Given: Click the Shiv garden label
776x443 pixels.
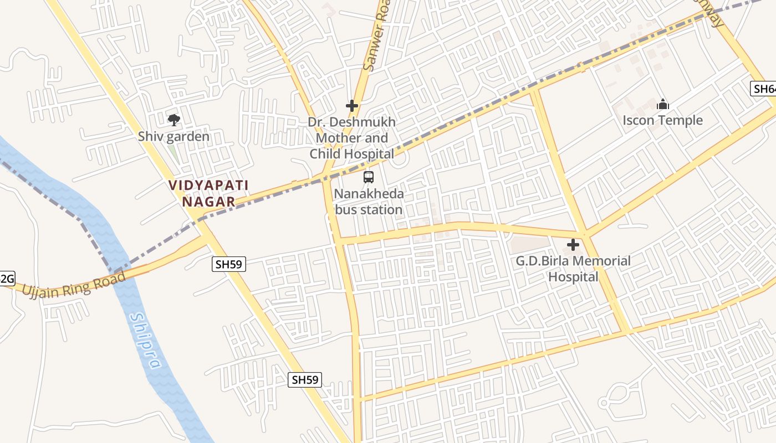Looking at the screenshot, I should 173,136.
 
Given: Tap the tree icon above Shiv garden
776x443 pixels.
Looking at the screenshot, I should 173,120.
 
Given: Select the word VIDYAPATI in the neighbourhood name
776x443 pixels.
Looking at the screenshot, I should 208,186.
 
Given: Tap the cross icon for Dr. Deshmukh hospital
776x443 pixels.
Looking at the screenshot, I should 351,106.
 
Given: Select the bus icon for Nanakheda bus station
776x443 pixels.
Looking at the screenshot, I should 368,177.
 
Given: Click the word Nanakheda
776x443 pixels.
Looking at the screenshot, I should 369,194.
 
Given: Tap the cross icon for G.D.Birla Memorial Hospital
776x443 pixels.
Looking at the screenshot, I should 573,244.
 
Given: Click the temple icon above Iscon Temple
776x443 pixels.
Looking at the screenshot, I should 662,104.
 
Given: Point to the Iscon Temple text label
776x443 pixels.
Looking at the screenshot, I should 662,120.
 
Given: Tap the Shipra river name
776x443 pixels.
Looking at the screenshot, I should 146,341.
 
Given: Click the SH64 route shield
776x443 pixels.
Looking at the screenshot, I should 764,89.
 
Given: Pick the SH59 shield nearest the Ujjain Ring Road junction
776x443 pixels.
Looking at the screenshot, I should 229,265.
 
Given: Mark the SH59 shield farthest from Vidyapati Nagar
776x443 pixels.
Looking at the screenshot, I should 305,379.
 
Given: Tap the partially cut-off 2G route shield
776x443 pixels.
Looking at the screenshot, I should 7,278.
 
